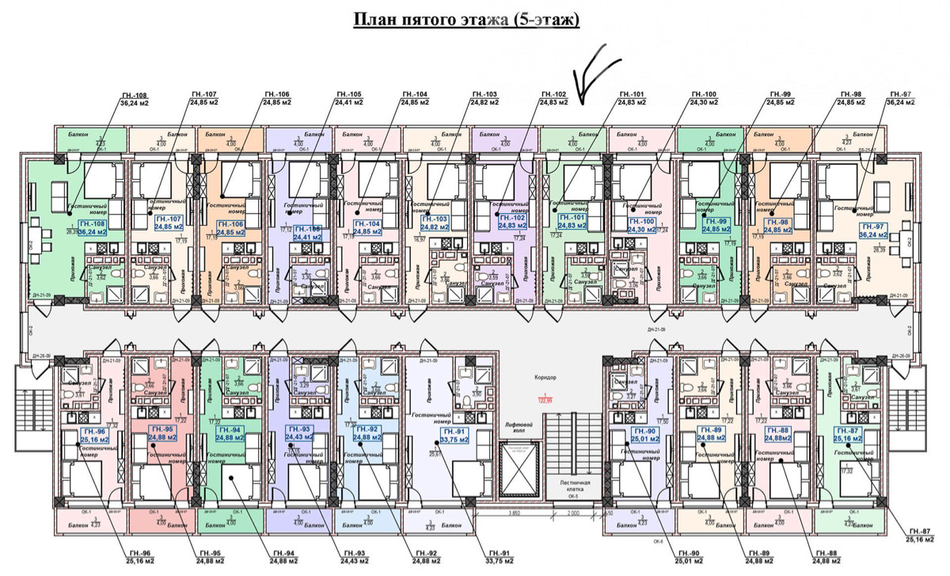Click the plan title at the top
point(465,20)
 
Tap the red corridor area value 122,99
point(545,400)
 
